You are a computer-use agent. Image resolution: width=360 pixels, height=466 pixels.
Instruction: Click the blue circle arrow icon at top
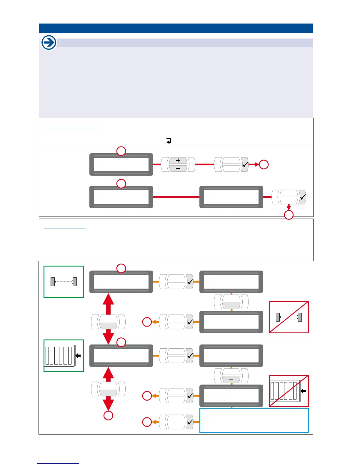(x=49, y=43)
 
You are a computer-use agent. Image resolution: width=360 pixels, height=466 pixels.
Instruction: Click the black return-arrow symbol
(x=169, y=141)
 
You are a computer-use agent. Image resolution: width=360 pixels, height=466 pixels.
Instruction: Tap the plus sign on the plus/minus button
(x=178, y=160)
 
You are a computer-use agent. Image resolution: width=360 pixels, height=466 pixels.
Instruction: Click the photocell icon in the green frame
(x=64, y=282)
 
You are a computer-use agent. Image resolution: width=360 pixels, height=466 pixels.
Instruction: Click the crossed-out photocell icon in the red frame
(x=289, y=317)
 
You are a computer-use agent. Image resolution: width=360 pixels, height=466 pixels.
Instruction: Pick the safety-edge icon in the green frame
(x=64, y=356)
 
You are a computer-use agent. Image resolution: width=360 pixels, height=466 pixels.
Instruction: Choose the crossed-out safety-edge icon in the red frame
(x=289, y=391)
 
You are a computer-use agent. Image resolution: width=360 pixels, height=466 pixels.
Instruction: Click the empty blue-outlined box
(x=254, y=420)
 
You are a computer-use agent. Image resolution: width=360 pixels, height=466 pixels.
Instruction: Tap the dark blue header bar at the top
(x=176, y=28)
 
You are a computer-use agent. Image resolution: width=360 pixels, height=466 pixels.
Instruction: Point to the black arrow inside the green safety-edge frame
(x=78, y=356)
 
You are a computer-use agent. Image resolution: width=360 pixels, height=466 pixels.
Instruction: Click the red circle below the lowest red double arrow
(x=108, y=415)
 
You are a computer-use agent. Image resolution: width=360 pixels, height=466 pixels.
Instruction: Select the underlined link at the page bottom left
(x=58, y=463)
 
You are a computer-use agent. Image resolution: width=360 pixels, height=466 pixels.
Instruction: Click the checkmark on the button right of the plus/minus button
(x=245, y=164)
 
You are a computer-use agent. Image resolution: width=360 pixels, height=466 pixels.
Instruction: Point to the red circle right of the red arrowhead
(x=264, y=164)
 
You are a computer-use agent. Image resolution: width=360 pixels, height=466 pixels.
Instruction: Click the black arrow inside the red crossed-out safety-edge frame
(x=303, y=391)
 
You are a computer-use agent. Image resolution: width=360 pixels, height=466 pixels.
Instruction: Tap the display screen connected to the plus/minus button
(x=121, y=164)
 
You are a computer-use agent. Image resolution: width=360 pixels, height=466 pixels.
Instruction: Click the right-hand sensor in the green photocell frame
(x=75, y=282)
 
